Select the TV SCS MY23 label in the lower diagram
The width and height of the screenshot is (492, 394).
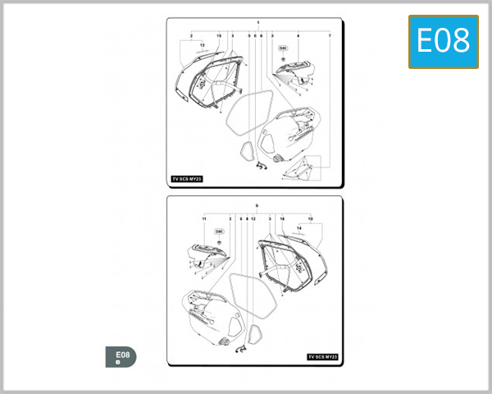[322, 357]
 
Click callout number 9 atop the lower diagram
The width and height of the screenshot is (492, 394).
[257, 204]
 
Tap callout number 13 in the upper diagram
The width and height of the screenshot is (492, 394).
[202, 44]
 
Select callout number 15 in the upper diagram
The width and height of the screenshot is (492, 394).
[219, 36]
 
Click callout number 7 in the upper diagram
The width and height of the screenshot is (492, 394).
[330, 36]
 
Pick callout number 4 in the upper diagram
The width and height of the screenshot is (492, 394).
[298, 36]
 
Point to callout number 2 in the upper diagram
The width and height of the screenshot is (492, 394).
[191, 36]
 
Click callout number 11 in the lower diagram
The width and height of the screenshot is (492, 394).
[203, 219]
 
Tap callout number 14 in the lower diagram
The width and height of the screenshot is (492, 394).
[299, 227]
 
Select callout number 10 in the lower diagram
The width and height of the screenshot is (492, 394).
[310, 219]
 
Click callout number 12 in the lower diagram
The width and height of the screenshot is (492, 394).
[254, 219]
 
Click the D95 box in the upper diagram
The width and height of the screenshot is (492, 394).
[283, 48]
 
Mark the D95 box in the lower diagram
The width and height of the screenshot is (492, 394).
[219, 231]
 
